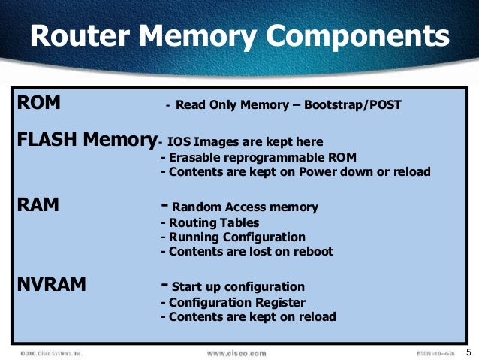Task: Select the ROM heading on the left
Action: coord(38,103)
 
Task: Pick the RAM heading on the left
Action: coord(38,204)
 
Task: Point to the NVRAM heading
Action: coord(51,285)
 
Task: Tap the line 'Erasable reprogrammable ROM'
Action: coord(258,157)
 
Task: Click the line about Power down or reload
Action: coord(296,172)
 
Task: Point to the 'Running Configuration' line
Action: coord(233,237)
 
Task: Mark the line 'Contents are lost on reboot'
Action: coord(247,252)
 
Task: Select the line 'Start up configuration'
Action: coord(238,286)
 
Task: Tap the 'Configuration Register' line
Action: coord(233,302)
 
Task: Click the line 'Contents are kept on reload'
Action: coord(249,317)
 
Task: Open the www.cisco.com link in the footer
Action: coord(236,352)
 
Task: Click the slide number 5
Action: coord(468,352)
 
